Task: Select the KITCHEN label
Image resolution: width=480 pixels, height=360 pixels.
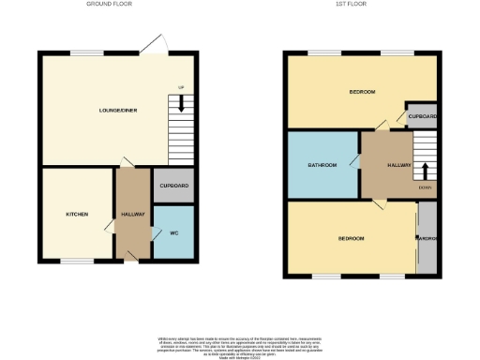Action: click(77, 215)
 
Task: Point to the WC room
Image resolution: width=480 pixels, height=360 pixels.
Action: click(173, 232)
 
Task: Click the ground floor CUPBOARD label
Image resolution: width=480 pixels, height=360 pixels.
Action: click(173, 186)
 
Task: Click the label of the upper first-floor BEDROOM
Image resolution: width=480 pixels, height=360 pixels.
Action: click(363, 92)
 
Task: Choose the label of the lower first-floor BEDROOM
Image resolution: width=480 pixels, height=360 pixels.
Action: click(350, 239)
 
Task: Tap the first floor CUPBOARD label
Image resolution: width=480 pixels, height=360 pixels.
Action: click(422, 115)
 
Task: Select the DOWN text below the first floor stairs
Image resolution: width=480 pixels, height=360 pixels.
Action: click(425, 187)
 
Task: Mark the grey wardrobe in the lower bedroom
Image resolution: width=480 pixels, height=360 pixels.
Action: click(427, 239)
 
